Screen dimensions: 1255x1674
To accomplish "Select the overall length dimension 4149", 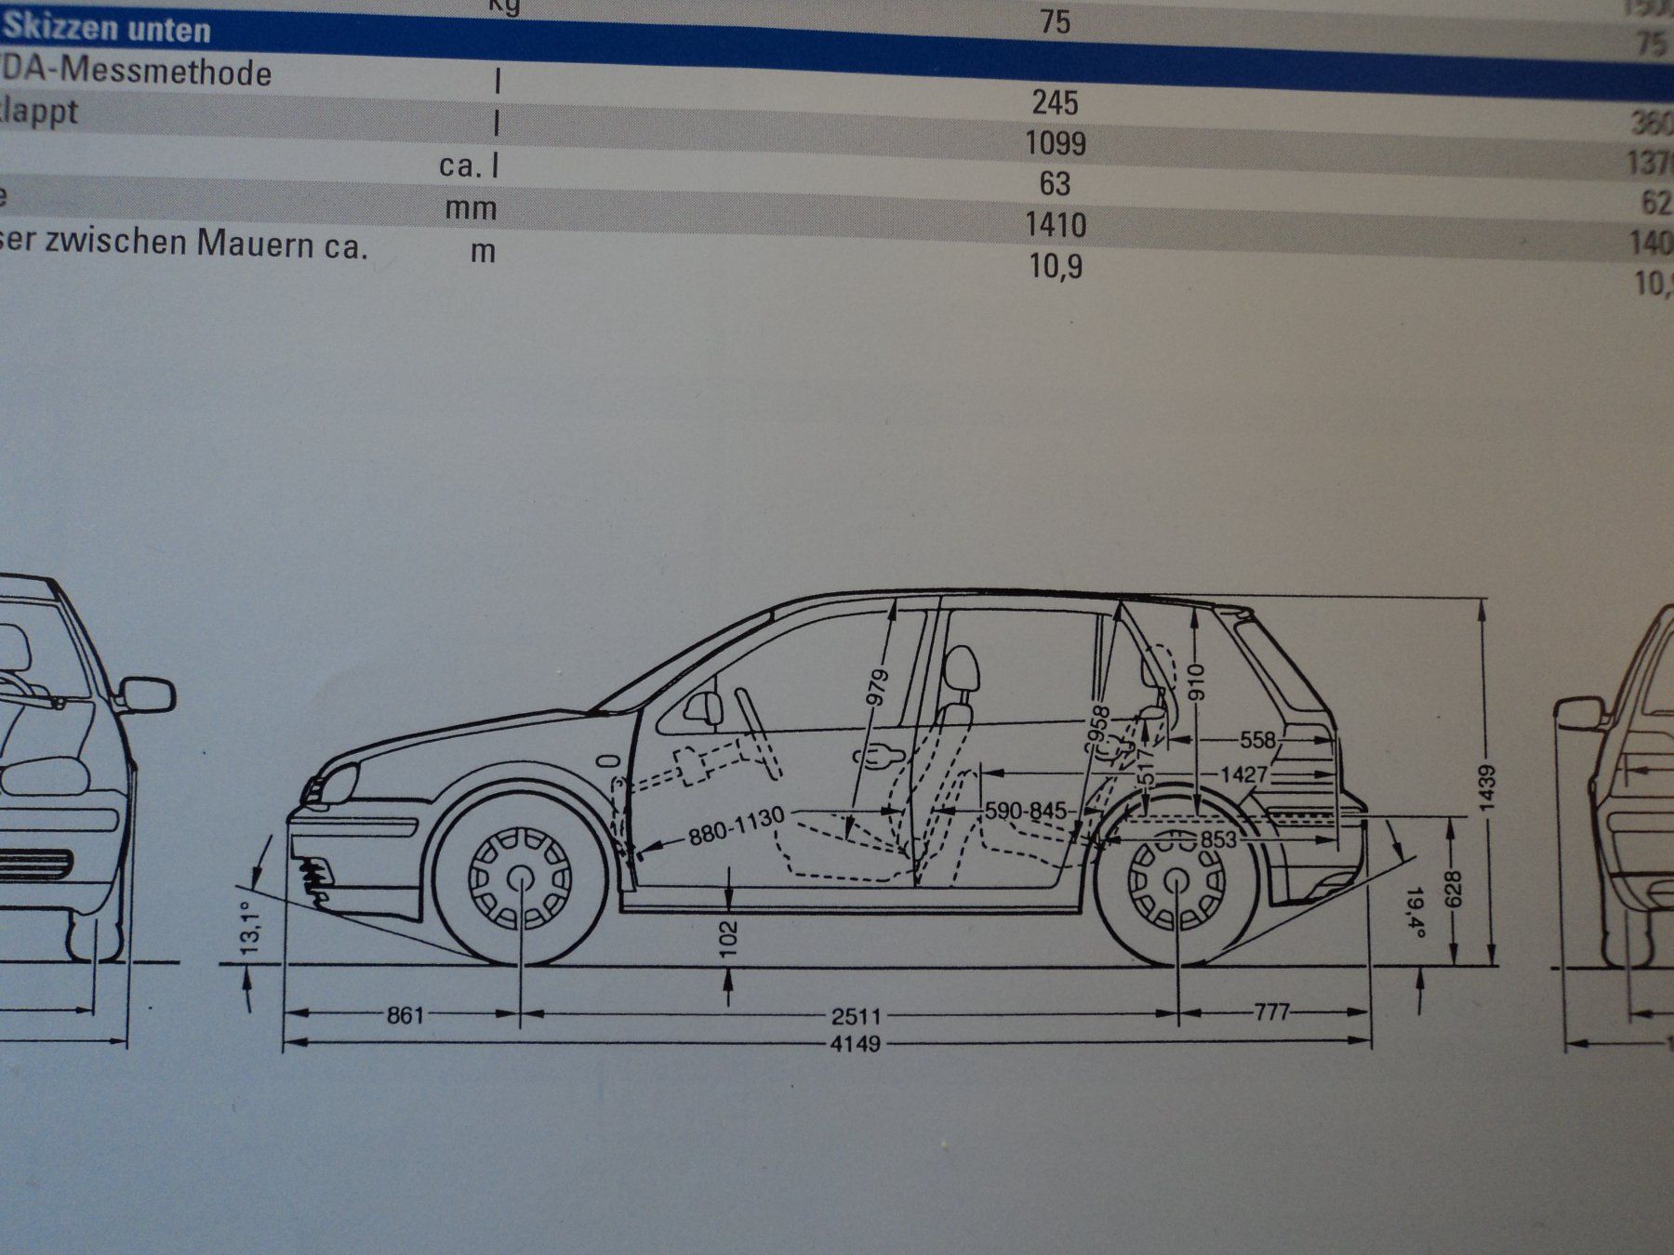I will [855, 1044].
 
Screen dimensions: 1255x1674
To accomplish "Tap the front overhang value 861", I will [405, 1013].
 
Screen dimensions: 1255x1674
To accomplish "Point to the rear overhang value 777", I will [1270, 1011].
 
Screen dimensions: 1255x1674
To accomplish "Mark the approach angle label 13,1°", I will [248, 926].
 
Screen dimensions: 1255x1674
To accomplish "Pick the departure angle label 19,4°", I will [1415, 913].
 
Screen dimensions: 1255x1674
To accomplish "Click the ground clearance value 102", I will [728, 939].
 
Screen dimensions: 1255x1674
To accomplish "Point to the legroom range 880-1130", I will [737, 826].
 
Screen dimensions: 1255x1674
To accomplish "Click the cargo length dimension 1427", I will [1244, 774].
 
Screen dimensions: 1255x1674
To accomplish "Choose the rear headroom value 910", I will [1197, 684].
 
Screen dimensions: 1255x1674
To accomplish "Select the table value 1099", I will [1055, 143].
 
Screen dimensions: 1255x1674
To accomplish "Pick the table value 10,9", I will [1055, 267].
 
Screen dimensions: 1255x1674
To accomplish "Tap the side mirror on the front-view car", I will [147, 694].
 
